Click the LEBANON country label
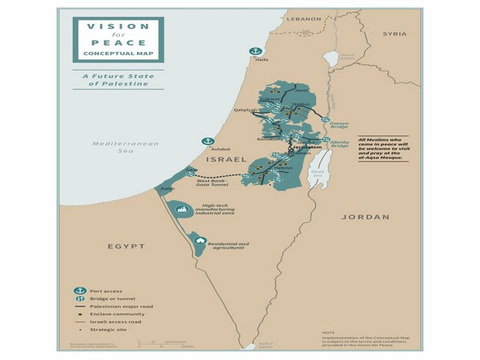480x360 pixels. [x=304, y=18]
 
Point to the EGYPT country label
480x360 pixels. [x=126, y=246]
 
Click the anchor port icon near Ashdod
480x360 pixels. [x=207, y=142]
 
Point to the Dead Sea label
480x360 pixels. [x=318, y=173]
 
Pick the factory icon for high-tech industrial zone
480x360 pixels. [x=182, y=209]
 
